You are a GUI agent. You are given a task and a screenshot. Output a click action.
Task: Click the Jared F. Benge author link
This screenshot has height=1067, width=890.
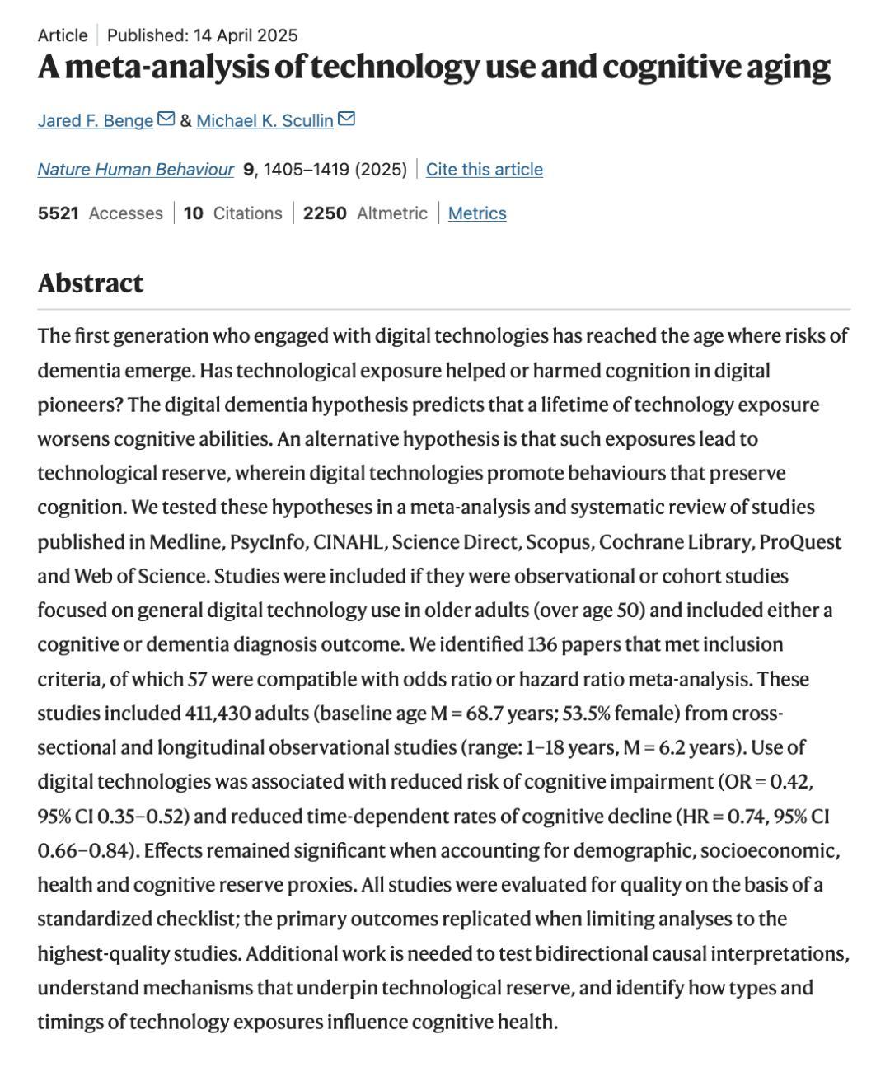(95, 120)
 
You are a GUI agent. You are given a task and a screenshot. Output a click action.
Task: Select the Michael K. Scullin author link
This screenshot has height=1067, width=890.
(265, 120)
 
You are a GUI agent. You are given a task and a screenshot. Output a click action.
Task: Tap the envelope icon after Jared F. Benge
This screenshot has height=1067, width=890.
(166, 119)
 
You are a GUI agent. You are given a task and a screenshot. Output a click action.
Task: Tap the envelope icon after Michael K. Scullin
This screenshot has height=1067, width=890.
(346, 119)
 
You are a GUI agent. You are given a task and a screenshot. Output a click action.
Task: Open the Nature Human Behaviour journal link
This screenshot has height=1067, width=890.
(135, 169)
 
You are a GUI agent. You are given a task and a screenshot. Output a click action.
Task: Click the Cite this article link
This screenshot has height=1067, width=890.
(484, 169)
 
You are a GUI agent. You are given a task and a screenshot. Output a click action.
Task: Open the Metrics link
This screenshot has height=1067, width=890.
(477, 213)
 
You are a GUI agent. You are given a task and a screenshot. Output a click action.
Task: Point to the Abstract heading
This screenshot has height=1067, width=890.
(90, 283)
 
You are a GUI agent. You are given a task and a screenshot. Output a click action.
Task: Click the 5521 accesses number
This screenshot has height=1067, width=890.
(58, 213)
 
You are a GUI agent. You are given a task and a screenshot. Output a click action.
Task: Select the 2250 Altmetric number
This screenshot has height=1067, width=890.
(325, 213)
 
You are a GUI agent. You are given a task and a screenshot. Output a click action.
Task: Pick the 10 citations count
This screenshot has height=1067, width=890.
(193, 213)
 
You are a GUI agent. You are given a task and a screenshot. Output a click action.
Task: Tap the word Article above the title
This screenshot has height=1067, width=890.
(62, 35)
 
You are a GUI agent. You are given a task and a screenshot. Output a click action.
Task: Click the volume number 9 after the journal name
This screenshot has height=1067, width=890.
(247, 169)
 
